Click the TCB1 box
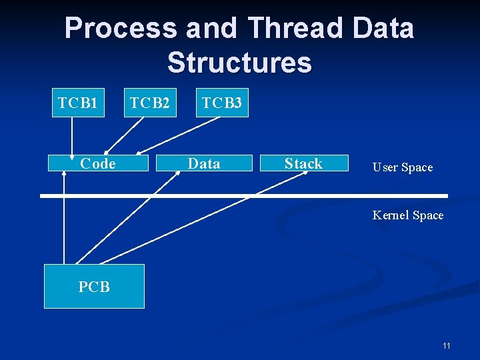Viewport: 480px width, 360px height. (x=78, y=103)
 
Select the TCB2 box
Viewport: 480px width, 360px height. (x=150, y=103)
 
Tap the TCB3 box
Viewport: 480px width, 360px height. (x=222, y=103)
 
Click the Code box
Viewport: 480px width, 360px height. (x=97, y=163)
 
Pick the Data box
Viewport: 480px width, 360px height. (x=203, y=163)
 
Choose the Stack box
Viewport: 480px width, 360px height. (x=303, y=163)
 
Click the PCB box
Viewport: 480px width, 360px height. (x=94, y=287)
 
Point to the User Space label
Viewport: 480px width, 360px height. (x=402, y=167)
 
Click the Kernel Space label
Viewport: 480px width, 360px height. (x=408, y=215)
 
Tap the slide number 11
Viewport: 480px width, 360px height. (x=446, y=345)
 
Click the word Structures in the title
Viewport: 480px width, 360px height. (x=239, y=63)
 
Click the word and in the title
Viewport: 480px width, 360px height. (x=211, y=29)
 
